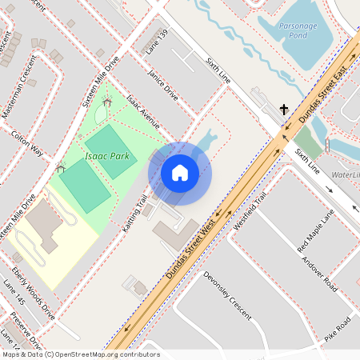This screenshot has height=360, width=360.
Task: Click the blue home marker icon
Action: [x=180, y=173]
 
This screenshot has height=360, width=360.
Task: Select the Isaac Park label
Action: [x=106, y=156]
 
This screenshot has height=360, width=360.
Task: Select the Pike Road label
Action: [x=337, y=327]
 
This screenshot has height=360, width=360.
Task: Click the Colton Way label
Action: [x=26, y=142]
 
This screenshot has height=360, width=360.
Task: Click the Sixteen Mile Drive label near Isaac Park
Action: [x=106, y=74]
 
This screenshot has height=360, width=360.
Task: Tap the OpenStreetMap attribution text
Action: [x=80, y=354]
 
